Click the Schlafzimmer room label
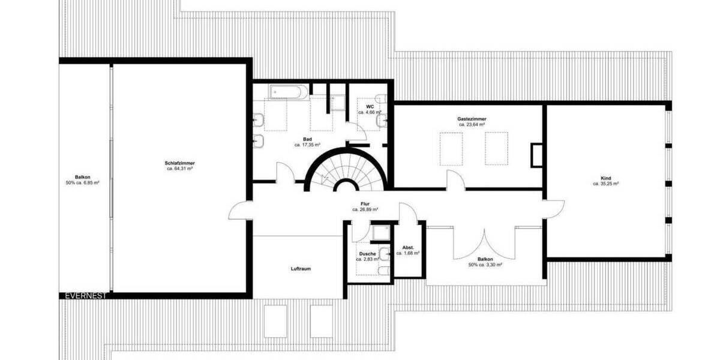[x=180, y=163]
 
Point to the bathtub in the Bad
[x=289, y=92]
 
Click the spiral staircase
[x=346, y=171]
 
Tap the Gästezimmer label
[x=472, y=119]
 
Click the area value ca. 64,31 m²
[x=180, y=169]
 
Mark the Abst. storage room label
[x=408, y=247]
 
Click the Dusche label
[x=368, y=254]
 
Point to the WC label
[x=370, y=106]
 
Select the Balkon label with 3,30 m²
[x=486, y=259]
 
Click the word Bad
[x=307, y=139]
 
